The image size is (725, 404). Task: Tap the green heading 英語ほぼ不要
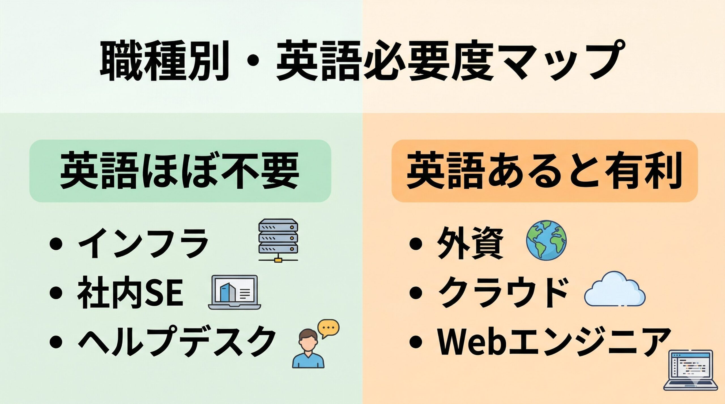(x=180, y=170)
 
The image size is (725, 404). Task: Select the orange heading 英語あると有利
(x=544, y=170)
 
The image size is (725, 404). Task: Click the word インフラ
(x=143, y=243)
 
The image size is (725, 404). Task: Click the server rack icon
(x=278, y=240)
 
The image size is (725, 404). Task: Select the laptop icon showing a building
(x=234, y=293)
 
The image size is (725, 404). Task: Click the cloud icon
(x=615, y=290)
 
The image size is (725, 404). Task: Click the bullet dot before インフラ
(x=56, y=244)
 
